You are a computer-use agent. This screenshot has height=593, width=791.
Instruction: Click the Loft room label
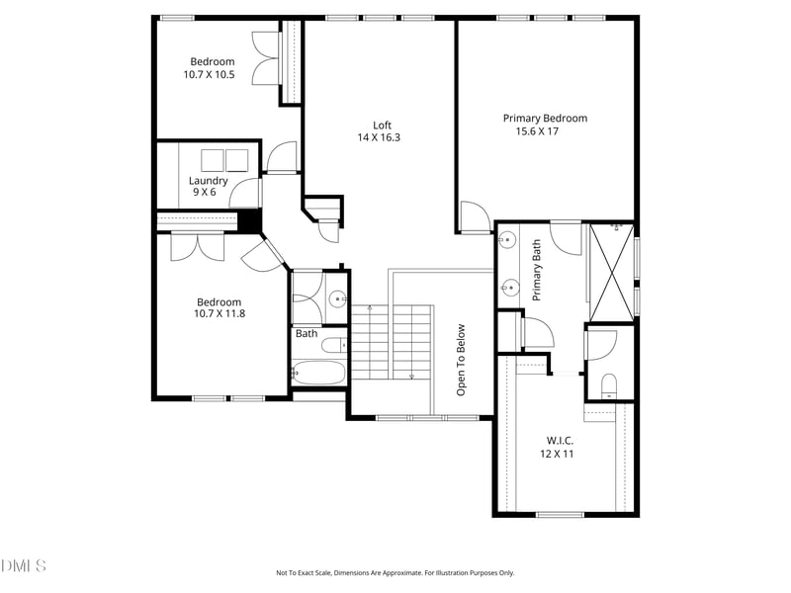382,126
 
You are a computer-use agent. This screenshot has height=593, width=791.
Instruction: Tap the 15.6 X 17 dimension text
537,131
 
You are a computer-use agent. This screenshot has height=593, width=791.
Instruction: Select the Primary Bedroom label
545,119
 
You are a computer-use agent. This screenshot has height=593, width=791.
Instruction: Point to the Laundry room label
208,181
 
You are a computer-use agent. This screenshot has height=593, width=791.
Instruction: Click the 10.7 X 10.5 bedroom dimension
209,75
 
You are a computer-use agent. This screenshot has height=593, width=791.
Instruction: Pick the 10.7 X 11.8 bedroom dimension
220,313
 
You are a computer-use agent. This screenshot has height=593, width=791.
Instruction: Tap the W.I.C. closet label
560,440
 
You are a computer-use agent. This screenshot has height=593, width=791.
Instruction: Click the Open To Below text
461,360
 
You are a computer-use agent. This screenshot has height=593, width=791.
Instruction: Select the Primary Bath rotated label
536,270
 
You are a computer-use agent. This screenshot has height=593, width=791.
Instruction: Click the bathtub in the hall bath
318,374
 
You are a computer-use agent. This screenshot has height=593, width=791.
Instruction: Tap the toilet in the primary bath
609,386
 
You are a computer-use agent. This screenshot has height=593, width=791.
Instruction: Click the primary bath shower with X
611,273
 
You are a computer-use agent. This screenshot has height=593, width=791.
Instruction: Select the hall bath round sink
337,299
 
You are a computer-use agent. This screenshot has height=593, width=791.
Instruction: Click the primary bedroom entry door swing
476,216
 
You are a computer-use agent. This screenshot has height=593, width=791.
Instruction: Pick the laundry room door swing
244,193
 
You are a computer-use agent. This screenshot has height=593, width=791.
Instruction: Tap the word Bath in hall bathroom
307,333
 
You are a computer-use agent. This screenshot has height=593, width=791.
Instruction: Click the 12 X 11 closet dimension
557,454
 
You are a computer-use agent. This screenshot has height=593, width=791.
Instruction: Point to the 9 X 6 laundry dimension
205,192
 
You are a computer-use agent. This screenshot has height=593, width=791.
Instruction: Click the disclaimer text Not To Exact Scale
305,573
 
